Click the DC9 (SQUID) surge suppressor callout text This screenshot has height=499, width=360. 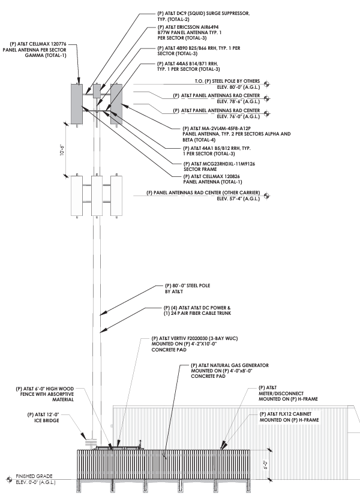point(203,16)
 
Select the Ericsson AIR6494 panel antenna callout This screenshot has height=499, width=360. point(190,32)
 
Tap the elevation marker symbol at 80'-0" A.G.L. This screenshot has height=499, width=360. point(267,85)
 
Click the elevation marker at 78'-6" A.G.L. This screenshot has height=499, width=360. point(267,98)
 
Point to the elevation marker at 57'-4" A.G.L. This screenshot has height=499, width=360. point(267,196)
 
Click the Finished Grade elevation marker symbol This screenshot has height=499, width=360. point(9,479)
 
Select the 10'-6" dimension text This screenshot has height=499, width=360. point(62,150)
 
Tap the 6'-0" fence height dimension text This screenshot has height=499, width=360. point(265,465)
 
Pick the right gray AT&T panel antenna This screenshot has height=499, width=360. point(116,104)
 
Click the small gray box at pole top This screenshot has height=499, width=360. point(97,91)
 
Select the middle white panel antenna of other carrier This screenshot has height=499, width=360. point(97,196)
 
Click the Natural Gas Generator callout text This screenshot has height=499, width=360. point(229,371)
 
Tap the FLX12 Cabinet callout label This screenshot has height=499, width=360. point(289,417)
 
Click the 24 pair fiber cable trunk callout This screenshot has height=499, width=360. point(197,310)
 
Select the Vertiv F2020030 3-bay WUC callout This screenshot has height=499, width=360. point(194,344)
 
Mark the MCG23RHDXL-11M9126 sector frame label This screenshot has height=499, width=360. point(219,167)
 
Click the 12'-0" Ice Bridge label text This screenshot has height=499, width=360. point(43,417)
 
